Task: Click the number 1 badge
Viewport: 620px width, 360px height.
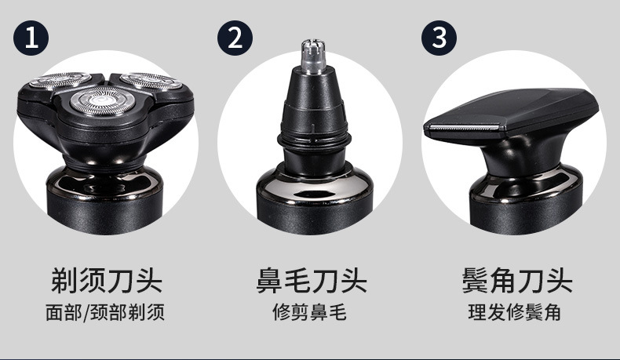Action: point(31,37)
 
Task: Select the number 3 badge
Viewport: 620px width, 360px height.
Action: point(439,37)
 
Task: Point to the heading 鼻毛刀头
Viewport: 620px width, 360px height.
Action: point(311,280)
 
